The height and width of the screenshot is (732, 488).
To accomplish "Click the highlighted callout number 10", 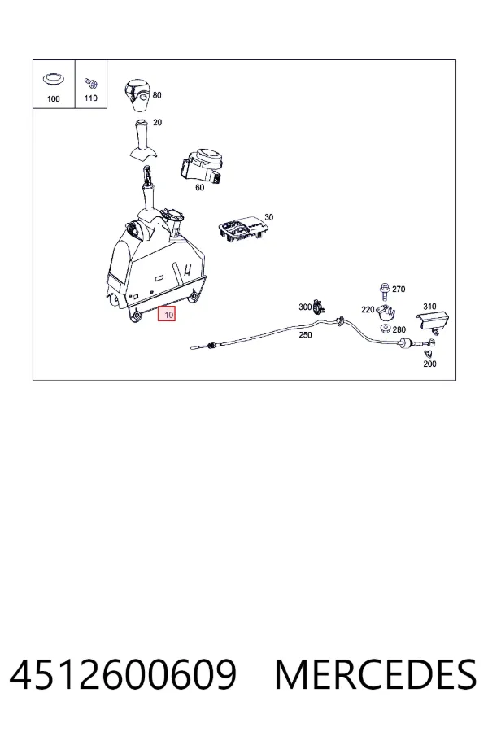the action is point(166,314).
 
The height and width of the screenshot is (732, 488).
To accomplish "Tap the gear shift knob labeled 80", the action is point(137,95).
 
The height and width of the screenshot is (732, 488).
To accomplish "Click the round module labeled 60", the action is point(203,166).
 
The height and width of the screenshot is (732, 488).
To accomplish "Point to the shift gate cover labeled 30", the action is point(242,229).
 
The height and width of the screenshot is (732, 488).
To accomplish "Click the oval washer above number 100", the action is point(54,80).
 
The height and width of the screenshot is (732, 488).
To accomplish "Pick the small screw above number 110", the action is point(91,83).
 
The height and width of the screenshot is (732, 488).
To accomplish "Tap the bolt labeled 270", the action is point(385,291).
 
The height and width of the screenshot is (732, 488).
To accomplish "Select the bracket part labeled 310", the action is point(433,322).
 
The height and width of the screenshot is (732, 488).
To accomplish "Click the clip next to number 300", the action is point(319,307).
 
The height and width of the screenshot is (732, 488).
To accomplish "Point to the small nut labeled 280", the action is point(386,329).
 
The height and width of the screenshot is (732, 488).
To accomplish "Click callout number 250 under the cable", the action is point(305,335).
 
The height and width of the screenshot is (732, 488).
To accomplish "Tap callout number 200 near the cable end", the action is point(429,364).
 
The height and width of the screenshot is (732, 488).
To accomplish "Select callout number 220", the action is point(368,309).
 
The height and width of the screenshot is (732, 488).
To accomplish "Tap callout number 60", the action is point(199,187).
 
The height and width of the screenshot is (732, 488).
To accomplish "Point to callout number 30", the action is point(269,217).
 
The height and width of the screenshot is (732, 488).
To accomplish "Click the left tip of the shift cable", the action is point(192,347).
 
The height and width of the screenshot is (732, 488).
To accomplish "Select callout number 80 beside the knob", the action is point(157,95).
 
